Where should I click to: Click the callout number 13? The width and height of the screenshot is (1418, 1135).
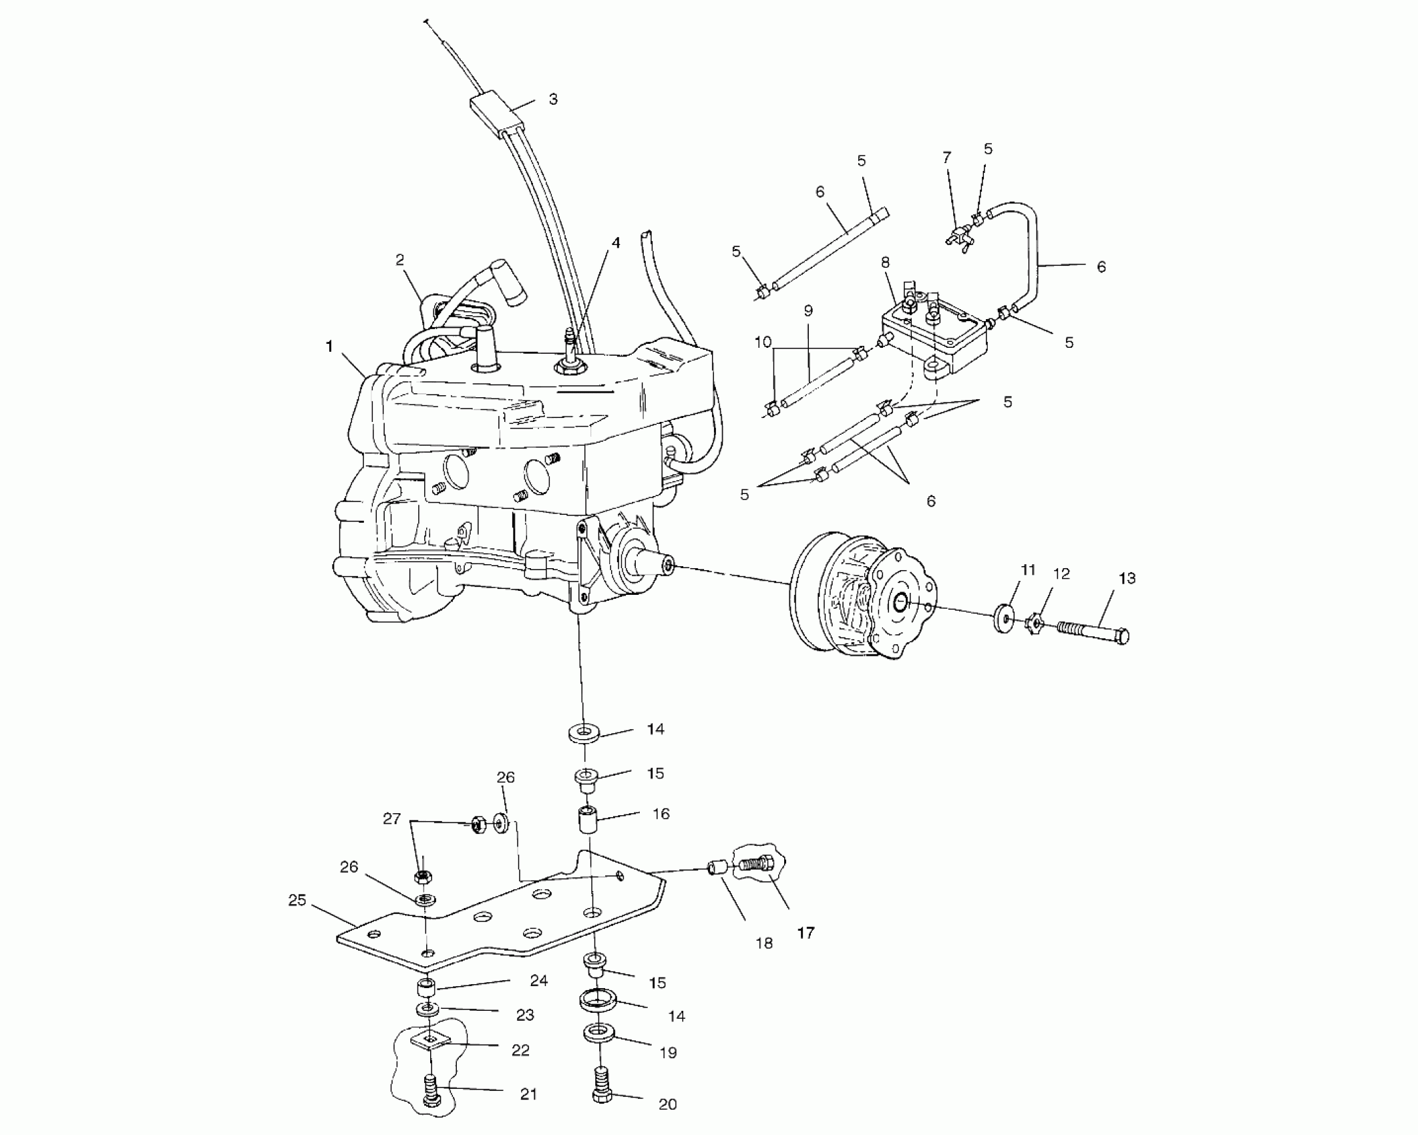pos(1127,579)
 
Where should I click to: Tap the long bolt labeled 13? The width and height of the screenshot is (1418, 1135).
pos(1093,631)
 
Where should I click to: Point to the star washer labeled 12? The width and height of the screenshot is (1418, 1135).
pos(1035,624)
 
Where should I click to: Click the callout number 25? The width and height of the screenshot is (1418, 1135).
pos(297,901)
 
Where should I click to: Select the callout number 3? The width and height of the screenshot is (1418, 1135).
pos(552,99)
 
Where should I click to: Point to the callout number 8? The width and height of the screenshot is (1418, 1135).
pos(886,262)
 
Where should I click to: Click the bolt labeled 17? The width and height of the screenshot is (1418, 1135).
pos(757,865)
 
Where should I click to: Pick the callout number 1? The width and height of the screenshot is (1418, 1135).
pos(329,346)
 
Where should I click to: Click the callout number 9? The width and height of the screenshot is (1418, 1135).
pos(808,310)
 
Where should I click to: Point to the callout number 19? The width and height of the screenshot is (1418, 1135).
pos(668,1053)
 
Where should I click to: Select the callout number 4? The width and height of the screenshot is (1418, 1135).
pos(616,243)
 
